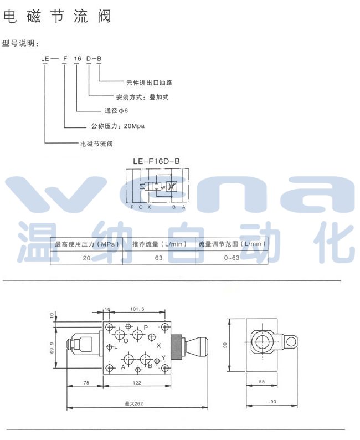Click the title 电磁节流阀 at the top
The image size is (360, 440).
[57, 16]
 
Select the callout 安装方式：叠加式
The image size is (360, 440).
[142, 97]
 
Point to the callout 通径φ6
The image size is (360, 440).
[116, 111]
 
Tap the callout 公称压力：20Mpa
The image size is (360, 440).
[118, 126]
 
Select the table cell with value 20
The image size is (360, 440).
[86, 258]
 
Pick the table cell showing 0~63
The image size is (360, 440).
[232, 258]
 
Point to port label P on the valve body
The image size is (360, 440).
[145, 328]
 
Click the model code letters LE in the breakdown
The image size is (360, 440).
[44, 58]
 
